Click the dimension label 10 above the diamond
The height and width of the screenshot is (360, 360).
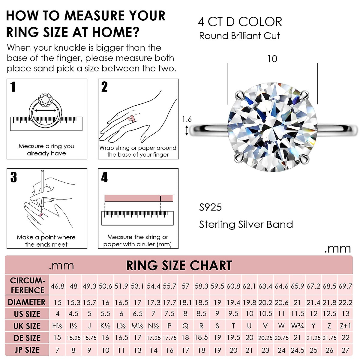[x=272, y=59]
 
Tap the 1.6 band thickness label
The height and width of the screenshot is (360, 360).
[x=187, y=119]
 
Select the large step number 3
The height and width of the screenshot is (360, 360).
[x=13, y=177]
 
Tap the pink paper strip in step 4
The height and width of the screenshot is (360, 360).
[x=139, y=198]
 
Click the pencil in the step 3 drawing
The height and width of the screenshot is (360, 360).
[x=42, y=189]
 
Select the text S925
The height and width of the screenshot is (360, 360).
[x=210, y=207]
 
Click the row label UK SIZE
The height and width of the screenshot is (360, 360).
[x=27, y=326]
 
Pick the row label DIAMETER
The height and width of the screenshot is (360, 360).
[x=27, y=302]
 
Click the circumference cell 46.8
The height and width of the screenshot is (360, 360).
[x=58, y=286]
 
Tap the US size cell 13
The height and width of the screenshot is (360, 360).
[x=345, y=314]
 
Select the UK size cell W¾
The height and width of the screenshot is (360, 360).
[x=297, y=326]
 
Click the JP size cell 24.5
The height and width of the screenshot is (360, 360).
[x=297, y=350]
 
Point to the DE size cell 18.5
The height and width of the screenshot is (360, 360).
[x=201, y=338]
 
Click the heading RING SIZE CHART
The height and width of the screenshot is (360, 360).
[x=179, y=265]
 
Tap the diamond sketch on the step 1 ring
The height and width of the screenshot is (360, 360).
[x=46, y=100]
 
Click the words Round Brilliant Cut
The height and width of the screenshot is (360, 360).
[x=239, y=36]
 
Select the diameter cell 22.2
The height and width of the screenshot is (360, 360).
[x=345, y=303]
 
